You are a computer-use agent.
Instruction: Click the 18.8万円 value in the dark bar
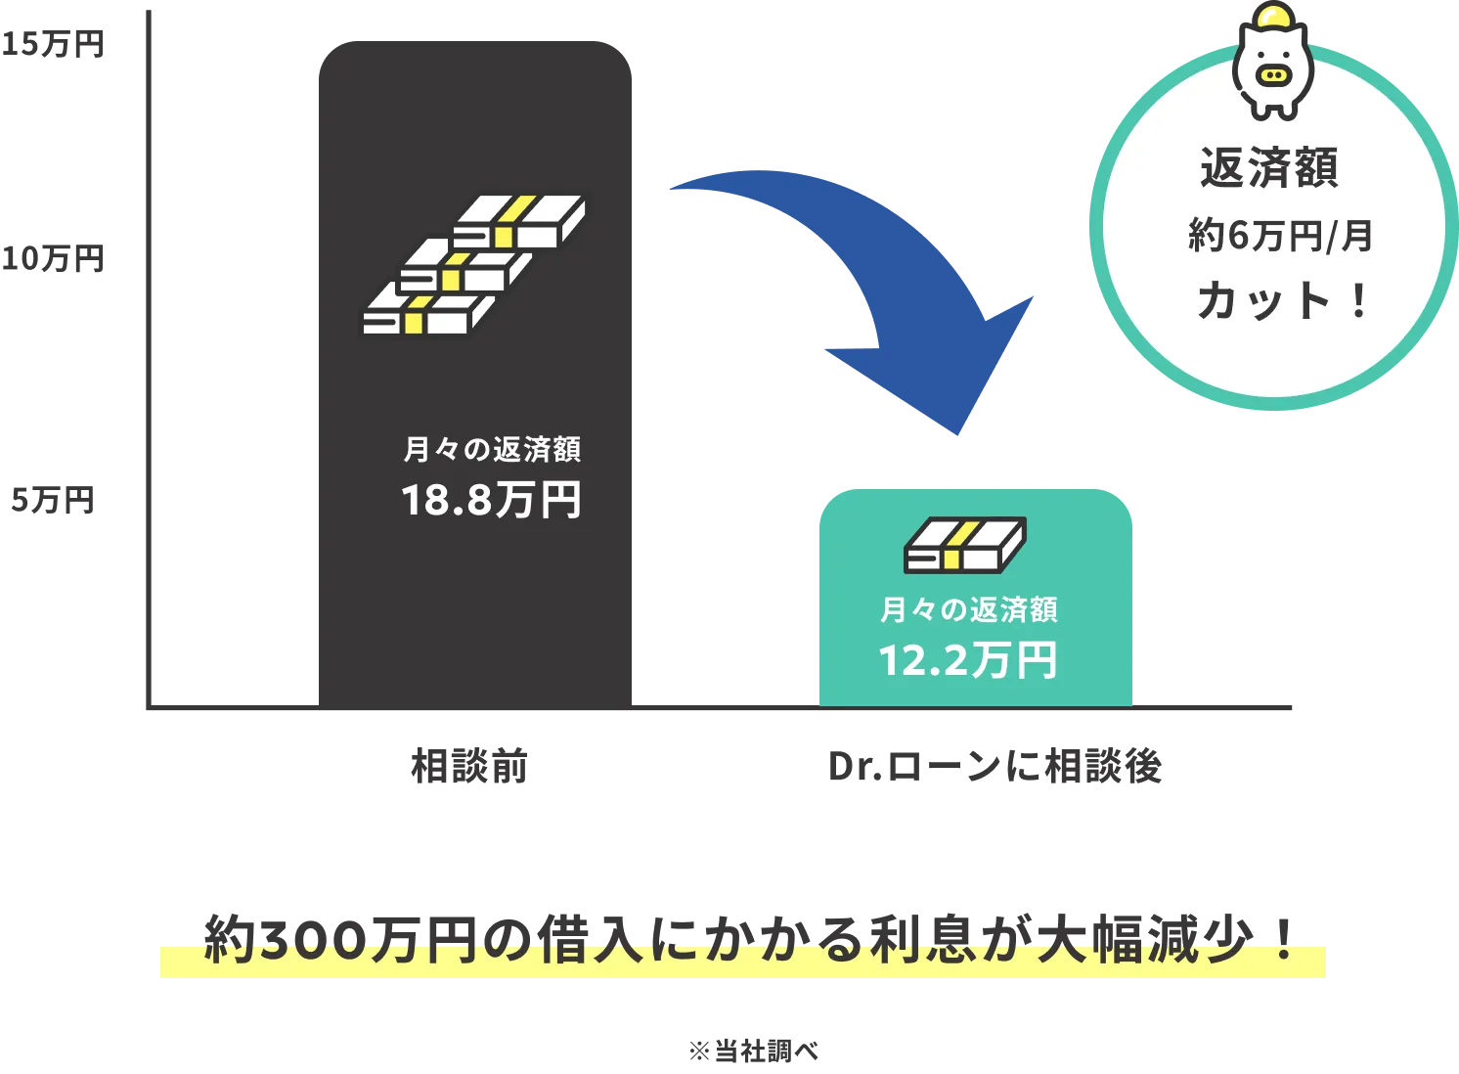(x=491, y=500)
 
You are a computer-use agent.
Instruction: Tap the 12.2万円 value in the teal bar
(x=968, y=660)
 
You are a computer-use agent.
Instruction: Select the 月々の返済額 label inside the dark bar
(x=492, y=449)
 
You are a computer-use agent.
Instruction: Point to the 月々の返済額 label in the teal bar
(x=968, y=609)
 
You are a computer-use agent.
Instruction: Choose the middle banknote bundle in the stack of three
(x=466, y=265)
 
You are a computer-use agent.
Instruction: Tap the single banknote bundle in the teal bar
(x=964, y=545)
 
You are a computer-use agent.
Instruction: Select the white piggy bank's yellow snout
(x=1272, y=74)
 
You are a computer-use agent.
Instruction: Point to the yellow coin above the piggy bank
(x=1273, y=18)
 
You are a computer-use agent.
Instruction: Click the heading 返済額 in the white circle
(x=1269, y=167)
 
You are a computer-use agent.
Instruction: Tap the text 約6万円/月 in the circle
(x=1280, y=236)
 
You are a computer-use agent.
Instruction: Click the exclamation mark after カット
(x=1358, y=300)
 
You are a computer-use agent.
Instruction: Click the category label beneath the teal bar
(x=996, y=769)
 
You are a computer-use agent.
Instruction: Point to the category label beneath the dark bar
(x=469, y=767)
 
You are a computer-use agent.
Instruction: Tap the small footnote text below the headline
(x=754, y=1052)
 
